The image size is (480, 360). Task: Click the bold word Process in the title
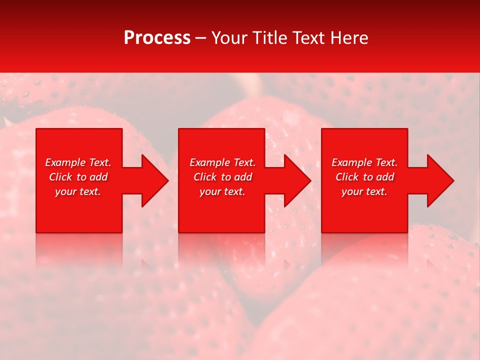point(157,37)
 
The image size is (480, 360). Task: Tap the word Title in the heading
point(268,37)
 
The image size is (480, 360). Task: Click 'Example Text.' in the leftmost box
point(78,162)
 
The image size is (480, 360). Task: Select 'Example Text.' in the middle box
point(222,162)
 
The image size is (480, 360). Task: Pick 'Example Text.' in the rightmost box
point(364,162)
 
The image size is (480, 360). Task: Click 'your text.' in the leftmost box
point(78,191)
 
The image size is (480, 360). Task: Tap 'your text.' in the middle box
point(222,191)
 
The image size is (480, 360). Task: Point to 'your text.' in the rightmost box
point(364,191)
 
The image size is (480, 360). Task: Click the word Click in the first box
point(60,177)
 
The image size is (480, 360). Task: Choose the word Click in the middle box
point(205,177)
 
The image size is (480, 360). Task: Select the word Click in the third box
point(347,177)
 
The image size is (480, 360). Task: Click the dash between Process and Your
point(200,38)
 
